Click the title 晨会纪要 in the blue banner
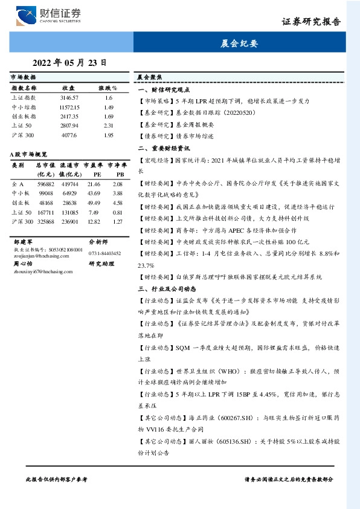pos(240,44)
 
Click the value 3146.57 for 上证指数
pos(69,97)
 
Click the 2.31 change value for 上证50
pos(109,126)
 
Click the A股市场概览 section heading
pos(30,155)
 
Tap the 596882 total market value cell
pos(46,184)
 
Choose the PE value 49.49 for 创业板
pos(94,203)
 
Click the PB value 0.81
pos(118,213)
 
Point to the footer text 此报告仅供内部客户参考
pos(56,479)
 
